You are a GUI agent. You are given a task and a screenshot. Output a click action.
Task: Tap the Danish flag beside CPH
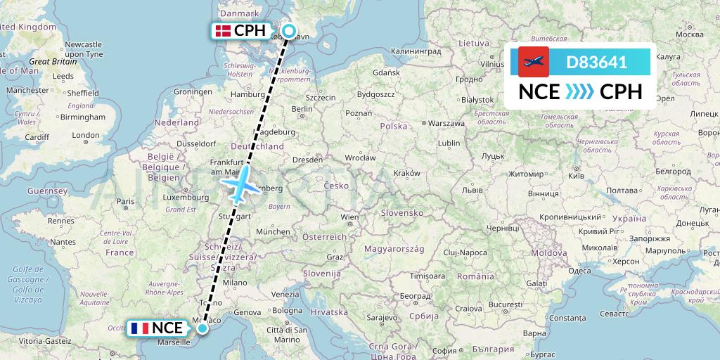pyautogui.click(x=223, y=31)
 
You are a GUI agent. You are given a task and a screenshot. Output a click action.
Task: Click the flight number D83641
pyautogui.click(x=596, y=62)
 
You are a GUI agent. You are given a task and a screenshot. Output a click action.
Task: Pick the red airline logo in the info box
pyautogui.click(x=533, y=62)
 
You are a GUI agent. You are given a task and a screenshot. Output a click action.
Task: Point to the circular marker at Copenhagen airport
pyautogui.click(x=288, y=31)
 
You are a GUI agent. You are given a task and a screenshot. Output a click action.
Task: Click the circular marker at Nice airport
pyautogui.click(x=202, y=328)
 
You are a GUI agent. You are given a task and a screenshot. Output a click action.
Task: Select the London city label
pyautogui.click(x=86, y=135)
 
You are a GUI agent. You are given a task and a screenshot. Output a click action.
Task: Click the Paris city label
pyautogui.click(x=125, y=202)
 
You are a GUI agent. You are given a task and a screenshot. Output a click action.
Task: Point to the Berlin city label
pyautogui.click(x=302, y=109)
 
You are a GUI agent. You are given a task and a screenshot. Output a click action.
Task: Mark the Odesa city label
pyautogui.click(x=579, y=271)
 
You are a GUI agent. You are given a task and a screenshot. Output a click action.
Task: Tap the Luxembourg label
pyautogui.click(x=182, y=198)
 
